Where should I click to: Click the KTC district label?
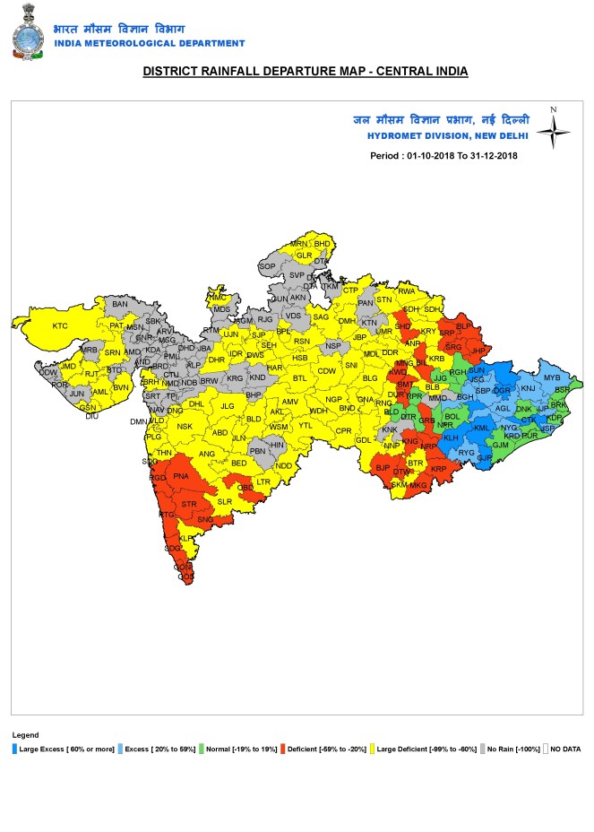tap(60, 325)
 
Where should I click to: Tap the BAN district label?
tap(120, 305)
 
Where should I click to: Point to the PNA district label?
tap(181, 475)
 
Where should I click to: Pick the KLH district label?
tap(450, 438)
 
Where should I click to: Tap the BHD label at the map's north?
tap(323, 243)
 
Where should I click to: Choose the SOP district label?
tap(267, 266)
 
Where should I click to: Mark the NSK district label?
tap(185, 426)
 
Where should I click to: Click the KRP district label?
tap(438, 469)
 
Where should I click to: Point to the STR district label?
tap(189, 505)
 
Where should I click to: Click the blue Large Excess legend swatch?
tap(15, 748)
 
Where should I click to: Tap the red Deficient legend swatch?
tap(282, 748)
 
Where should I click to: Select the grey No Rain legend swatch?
tap(484, 748)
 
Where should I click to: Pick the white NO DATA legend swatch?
tap(545, 748)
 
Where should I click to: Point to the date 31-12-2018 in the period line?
tap(488, 155)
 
